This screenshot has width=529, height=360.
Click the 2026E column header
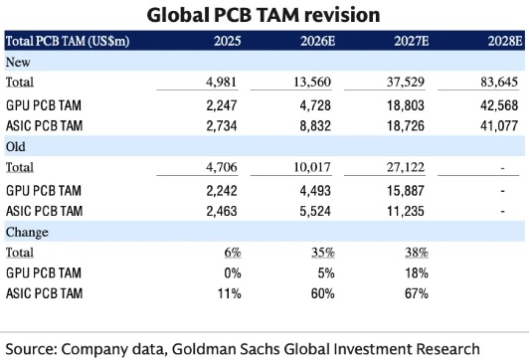318,41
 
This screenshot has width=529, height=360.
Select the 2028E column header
505,41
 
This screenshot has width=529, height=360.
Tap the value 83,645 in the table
499,82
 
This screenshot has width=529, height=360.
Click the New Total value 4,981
222,82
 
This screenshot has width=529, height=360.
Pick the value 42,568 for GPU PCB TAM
499,105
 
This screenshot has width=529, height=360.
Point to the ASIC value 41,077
499,126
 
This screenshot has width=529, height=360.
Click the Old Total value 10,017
312,167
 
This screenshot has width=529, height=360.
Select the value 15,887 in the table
406,191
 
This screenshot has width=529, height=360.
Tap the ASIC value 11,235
406,211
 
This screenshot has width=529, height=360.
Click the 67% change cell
417,293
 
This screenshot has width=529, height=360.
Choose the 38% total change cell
417,253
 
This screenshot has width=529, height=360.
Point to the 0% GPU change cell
233,272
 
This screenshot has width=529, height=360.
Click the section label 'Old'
16,147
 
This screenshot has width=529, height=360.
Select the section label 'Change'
27,232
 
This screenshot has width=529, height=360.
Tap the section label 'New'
18,62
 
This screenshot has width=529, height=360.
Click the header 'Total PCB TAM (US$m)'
68,41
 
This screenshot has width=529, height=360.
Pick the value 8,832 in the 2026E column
315,126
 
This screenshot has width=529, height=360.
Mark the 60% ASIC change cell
323,293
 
